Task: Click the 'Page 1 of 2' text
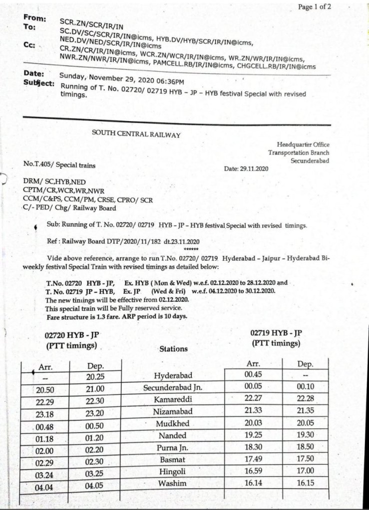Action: point(315,6)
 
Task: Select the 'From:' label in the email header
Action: point(34,18)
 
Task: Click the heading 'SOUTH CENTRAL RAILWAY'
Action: point(136,134)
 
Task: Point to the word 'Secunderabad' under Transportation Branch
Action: point(310,161)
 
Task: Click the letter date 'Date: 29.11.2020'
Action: point(247,169)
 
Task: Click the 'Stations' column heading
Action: point(173,349)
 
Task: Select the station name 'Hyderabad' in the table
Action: point(173,376)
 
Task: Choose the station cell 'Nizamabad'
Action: point(173,411)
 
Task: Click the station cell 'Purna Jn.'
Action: point(173,447)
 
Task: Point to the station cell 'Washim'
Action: point(173,483)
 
